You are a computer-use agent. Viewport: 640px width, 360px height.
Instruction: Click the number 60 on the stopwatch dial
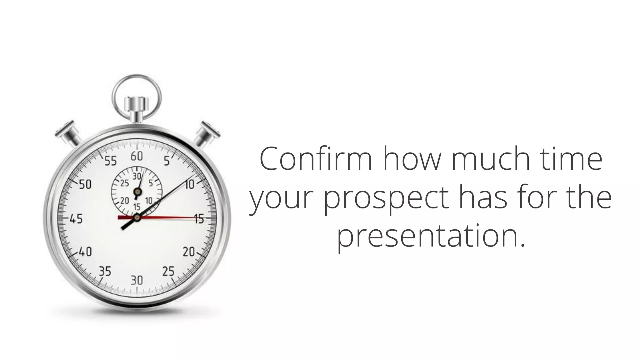(x=137, y=156)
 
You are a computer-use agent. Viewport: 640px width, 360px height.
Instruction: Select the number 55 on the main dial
(x=110, y=161)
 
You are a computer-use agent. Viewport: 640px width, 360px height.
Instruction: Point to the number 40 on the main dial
(x=85, y=252)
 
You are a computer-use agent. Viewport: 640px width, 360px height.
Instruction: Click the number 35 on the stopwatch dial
(x=105, y=271)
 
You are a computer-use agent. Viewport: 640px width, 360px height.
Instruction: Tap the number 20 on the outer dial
(x=189, y=252)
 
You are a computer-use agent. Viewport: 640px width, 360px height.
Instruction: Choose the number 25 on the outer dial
(x=168, y=271)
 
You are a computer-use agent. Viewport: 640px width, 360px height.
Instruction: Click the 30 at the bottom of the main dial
(x=137, y=280)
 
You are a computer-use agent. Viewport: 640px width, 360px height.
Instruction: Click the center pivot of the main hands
(x=137, y=217)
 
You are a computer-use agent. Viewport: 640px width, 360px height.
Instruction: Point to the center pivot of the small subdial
(x=137, y=191)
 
